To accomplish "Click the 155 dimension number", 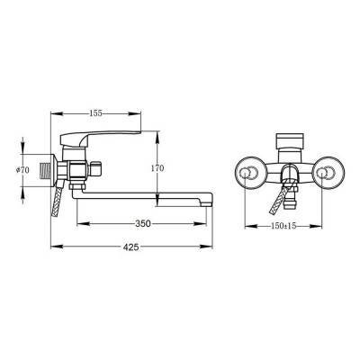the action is pyautogui.click(x=95, y=113).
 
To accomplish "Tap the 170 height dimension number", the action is pyautogui.click(x=157, y=168).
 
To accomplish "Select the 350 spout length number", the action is pyautogui.click(x=143, y=223).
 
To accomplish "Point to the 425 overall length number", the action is pyautogui.click(x=131, y=247).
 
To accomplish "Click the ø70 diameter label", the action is pyautogui.click(x=22, y=170).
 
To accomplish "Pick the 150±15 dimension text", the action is pyautogui.click(x=283, y=226).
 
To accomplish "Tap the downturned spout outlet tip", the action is pyautogui.click(x=206, y=203).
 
